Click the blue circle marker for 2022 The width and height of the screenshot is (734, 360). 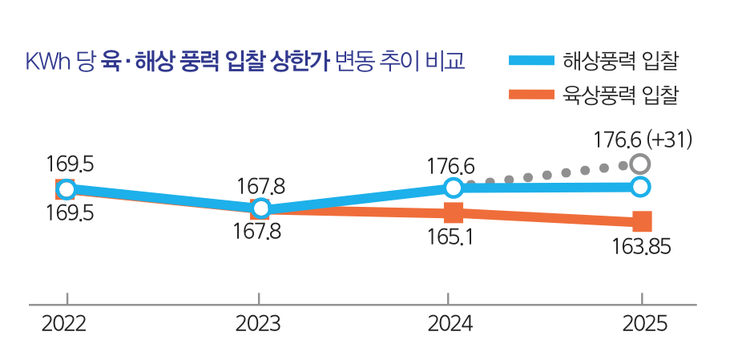[x=67, y=189]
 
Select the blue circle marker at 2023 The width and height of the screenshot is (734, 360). [x=260, y=208]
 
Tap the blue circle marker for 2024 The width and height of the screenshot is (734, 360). [x=453, y=188]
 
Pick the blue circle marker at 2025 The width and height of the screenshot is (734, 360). [x=640, y=187]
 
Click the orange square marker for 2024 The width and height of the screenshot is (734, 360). [x=454, y=213]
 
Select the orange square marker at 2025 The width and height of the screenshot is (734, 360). [x=642, y=221]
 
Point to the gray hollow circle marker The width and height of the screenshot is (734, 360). [x=639, y=164]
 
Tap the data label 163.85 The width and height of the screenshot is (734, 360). [x=639, y=246]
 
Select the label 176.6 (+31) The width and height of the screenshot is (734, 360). [x=643, y=140]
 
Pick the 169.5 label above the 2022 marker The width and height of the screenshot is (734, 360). [x=71, y=164]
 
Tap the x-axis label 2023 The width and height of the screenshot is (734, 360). [x=258, y=325]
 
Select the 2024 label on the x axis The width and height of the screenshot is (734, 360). [x=450, y=325]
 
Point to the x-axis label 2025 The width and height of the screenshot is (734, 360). [x=645, y=325]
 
